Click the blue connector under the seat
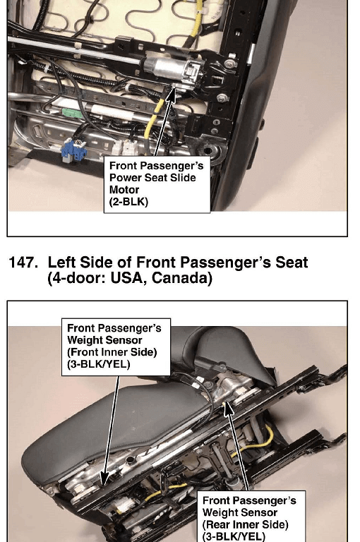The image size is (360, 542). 73,150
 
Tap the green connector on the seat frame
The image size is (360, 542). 72,113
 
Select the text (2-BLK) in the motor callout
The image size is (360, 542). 128,202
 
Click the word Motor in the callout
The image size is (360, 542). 124,190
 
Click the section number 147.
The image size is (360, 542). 23,263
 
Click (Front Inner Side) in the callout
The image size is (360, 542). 112,352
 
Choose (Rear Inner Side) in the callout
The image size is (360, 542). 245,525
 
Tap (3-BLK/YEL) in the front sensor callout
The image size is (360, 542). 99,364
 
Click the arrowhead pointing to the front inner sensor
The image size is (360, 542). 104,478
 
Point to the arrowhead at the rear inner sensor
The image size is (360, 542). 227,409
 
